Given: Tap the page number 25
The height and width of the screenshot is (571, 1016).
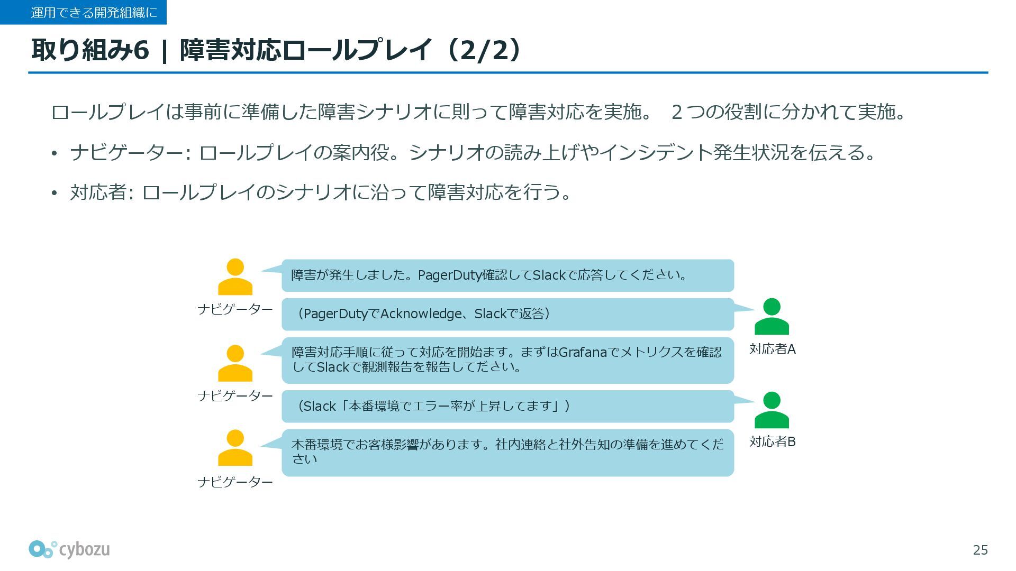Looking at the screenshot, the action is click(x=980, y=550).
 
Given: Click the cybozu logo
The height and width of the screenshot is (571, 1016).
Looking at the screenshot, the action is click(x=69, y=549).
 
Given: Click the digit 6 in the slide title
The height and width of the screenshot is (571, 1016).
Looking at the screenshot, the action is click(x=141, y=50).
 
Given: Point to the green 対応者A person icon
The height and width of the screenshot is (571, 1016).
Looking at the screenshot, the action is click(x=772, y=317).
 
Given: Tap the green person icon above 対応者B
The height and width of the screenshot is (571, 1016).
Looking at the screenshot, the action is click(x=772, y=410).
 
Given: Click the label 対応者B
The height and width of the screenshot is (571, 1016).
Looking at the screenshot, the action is click(x=772, y=441).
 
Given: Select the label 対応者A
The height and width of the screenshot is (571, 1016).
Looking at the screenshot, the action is click(x=772, y=349).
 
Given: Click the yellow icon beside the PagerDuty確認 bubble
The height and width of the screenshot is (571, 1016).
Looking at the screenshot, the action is click(x=235, y=277).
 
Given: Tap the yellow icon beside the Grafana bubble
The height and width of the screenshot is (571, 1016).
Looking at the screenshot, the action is click(x=235, y=363).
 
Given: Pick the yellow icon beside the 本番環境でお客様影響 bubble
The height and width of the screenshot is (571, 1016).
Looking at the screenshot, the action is click(x=235, y=448).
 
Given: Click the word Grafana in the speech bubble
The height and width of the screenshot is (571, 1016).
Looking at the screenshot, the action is click(x=582, y=352).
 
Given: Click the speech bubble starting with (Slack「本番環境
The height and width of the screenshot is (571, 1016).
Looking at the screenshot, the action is click(x=507, y=406).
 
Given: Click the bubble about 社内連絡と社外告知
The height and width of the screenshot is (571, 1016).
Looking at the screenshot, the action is click(x=507, y=452).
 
